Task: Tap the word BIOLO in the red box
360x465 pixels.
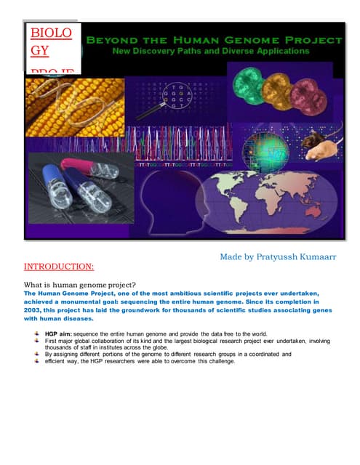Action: tap(52, 33)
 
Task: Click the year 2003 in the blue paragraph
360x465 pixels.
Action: tap(36, 308)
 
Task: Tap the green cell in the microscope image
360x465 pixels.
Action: tap(251, 81)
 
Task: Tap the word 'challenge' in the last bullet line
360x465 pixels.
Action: tap(215, 361)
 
